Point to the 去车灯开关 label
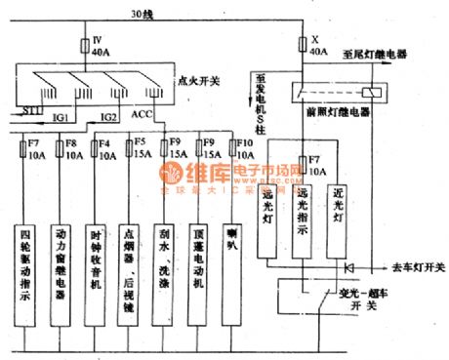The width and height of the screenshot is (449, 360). click(415, 266)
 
